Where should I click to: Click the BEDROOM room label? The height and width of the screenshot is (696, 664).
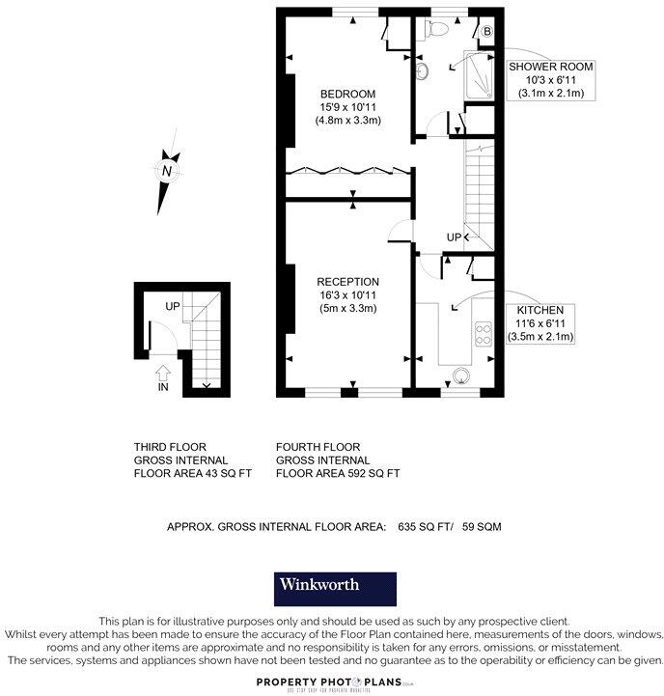pos(348,94)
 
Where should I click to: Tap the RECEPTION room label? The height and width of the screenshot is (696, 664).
pos(348,281)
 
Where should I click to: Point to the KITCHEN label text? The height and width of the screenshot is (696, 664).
pos(540,310)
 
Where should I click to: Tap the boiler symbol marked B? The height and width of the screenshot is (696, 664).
pos(487,32)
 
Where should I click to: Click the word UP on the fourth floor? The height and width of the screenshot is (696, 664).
pos(454,237)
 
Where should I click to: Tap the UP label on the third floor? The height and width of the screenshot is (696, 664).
pos(174,306)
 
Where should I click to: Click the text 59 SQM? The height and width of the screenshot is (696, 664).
pos(482,527)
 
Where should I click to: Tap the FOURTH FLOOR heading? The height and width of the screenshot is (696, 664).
pos(318,447)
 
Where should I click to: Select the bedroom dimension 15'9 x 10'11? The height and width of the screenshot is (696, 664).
pos(348,107)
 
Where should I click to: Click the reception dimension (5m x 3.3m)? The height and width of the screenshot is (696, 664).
pos(348,308)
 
